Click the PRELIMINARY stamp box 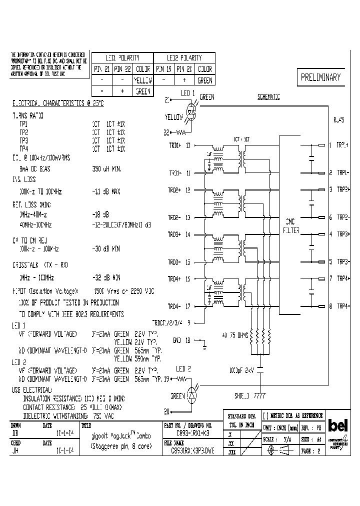coord(320,77)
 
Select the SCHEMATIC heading coord(268,97)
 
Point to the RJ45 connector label coord(338,120)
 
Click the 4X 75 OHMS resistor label coord(235,334)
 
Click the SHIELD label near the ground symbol coord(242,395)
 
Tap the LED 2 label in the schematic coord(183,369)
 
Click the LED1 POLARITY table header coord(122,58)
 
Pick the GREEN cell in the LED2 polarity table coord(205,80)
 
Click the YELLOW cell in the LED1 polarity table coord(143,80)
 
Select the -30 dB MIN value coord(106,248)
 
